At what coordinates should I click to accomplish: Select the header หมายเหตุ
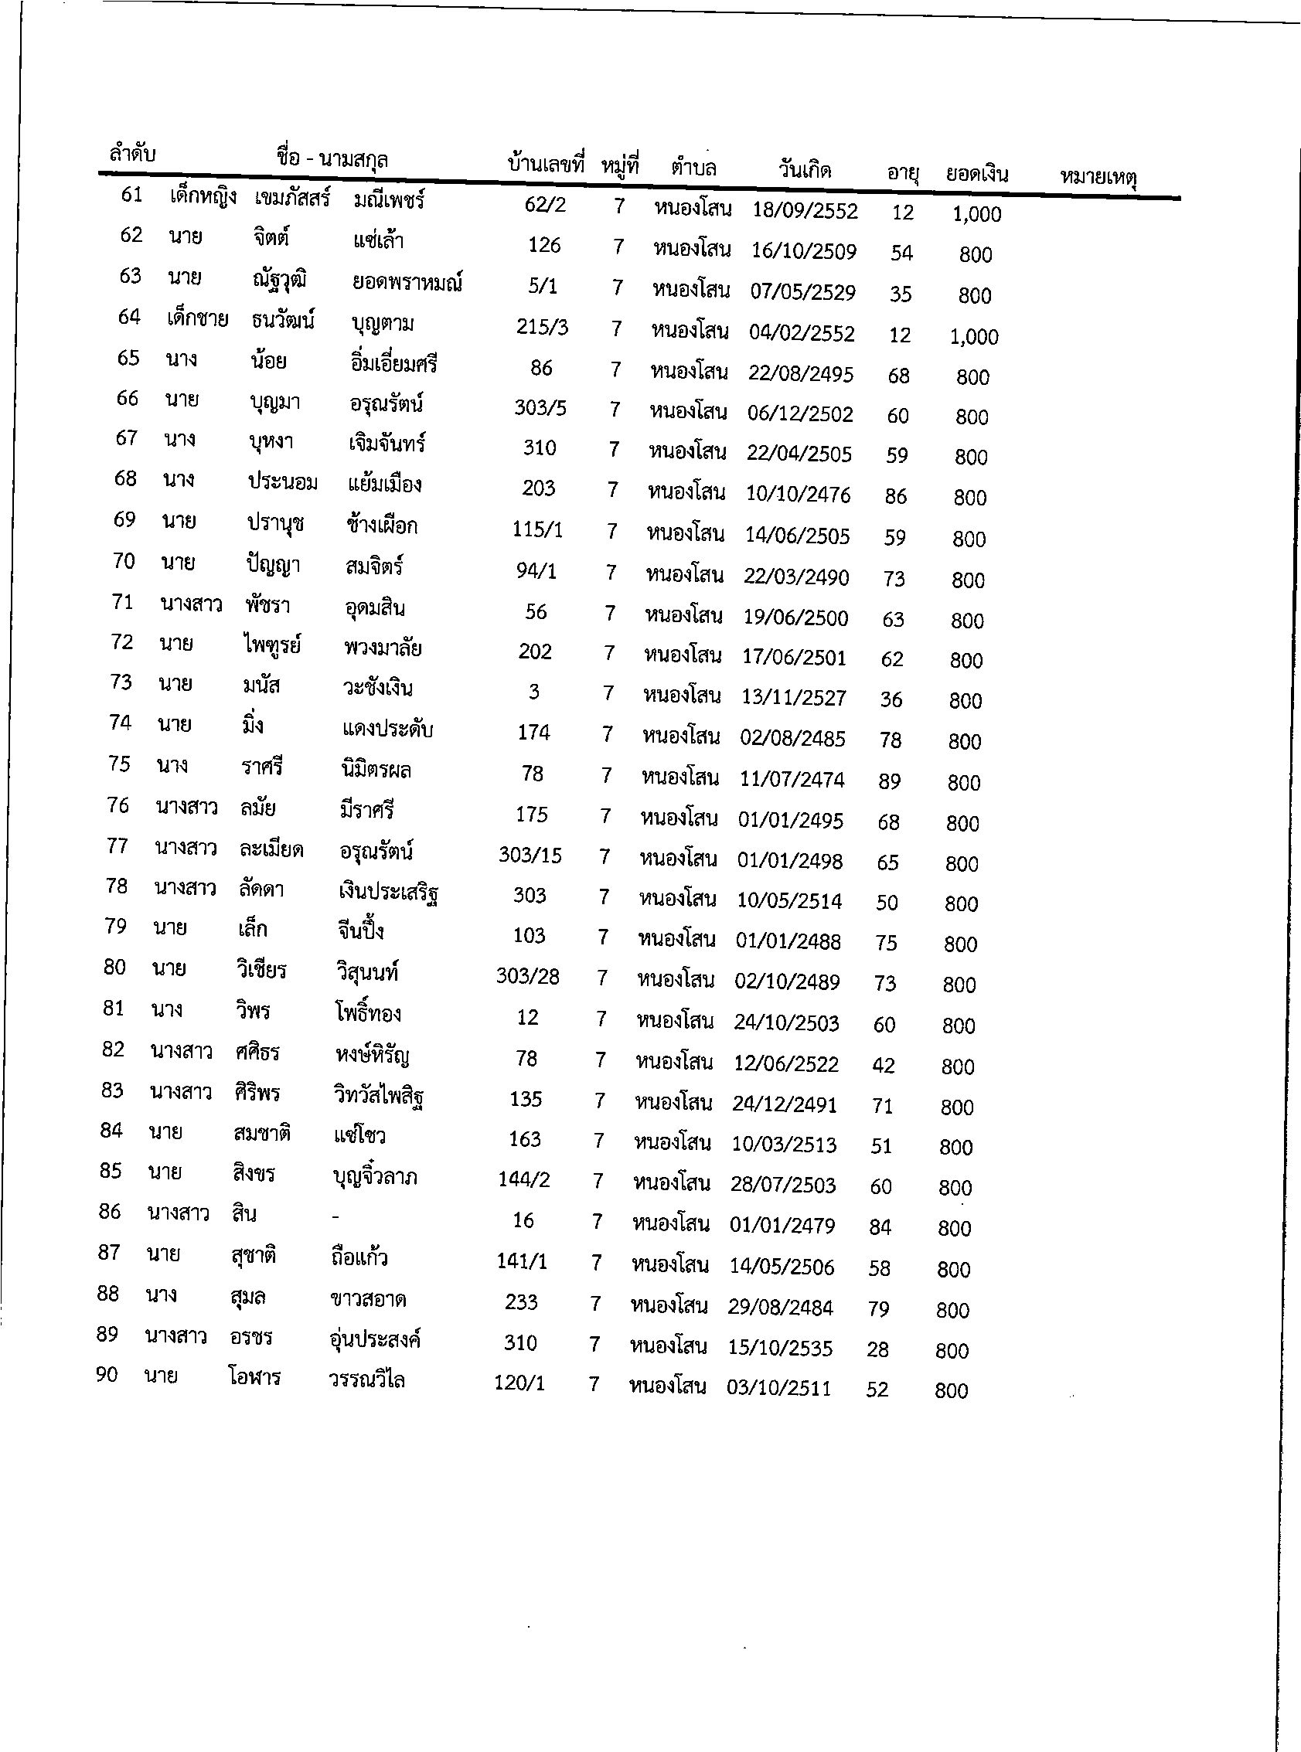coord(1098,178)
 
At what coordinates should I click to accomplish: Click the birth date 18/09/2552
coord(804,210)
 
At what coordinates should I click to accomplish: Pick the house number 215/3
coord(542,327)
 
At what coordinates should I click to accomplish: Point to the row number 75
coord(119,764)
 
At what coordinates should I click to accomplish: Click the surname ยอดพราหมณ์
coord(407,283)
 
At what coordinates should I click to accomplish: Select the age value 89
coord(889,781)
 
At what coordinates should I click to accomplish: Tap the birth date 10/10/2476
coord(798,495)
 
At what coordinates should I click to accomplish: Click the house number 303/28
coord(527,976)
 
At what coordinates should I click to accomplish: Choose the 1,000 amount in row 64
coord(973,337)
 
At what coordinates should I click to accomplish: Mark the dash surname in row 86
coord(335,1217)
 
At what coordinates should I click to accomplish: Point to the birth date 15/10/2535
coord(779,1348)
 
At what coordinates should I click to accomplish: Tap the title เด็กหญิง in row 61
coord(203,196)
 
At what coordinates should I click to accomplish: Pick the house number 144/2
coord(523,1179)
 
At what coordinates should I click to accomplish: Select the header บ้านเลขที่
coord(546,164)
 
